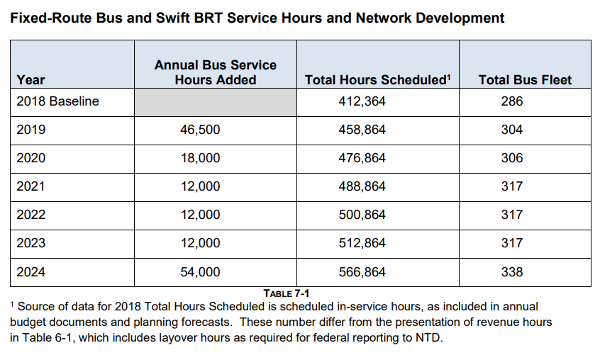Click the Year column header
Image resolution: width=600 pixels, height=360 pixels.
tap(30, 80)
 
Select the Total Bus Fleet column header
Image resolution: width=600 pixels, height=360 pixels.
tap(525, 80)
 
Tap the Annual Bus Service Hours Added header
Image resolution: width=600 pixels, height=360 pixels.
tap(216, 72)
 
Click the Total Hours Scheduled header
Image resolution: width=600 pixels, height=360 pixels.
tap(378, 80)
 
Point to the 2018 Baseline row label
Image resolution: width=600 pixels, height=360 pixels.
tap(57, 101)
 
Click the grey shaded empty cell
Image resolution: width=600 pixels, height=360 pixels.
tap(216, 103)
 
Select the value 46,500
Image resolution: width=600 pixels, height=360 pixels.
tap(200, 130)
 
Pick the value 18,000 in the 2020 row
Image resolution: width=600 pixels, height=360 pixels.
tap(200, 158)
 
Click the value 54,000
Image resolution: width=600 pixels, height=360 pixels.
tap(200, 271)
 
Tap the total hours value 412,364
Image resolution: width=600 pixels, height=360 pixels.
tap(362, 101)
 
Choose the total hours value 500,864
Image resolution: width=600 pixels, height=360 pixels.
tap(362, 215)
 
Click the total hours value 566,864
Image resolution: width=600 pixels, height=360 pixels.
tap(362, 271)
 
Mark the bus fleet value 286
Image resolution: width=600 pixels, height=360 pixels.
tap(512, 101)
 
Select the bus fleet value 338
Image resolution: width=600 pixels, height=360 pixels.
tap(512, 271)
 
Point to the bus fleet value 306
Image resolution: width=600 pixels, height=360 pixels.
tap(512, 158)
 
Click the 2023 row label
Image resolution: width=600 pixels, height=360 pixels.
tap(31, 243)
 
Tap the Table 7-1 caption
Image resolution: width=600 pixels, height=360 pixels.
tap(287, 293)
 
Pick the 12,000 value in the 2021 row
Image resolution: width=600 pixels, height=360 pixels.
tap(200, 186)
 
